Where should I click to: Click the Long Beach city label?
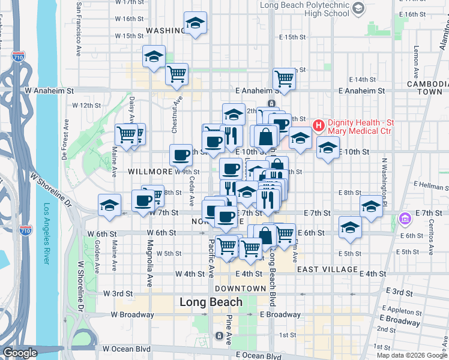pyautogui.click(x=211, y=303)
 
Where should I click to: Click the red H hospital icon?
pyautogui.click(x=318, y=125)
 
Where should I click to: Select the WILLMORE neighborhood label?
pyautogui.click(x=150, y=172)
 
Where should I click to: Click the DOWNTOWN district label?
pyautogui.click(x=241, y=289)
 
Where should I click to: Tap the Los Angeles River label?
pyautogui.click(x=47, y=234)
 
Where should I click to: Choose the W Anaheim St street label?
pyautogui.click(x=49, y=91)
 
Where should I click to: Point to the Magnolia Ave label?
pyautogui.click(x=150, y=256)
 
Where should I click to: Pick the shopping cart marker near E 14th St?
pyautogui.click(x=284, y=77)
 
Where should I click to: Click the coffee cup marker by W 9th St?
pyautogui.click(x=181, y=155)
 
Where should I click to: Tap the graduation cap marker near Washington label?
pyautogui.click(x=195, y=23)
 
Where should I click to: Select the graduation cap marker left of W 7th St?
pyautogui.click(x=109, y=205)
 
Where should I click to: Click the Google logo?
pyautogui.click(x=20, y=353)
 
